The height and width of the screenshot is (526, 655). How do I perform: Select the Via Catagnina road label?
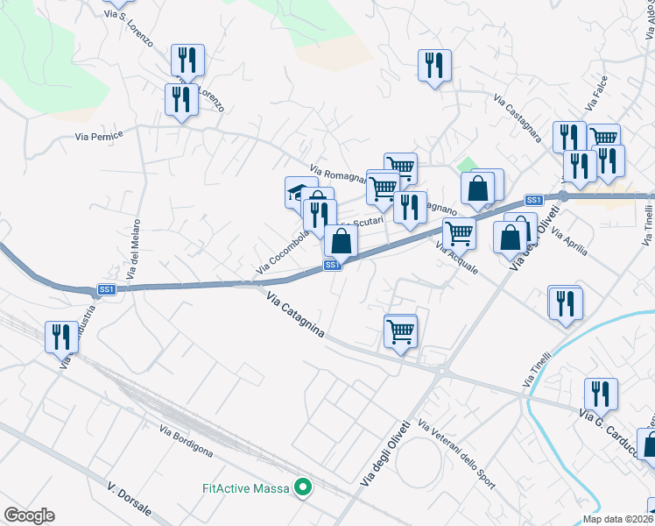(295, 315)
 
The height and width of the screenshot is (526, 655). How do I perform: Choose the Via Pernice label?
(99, 136)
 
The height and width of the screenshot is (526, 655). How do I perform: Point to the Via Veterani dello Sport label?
(456, 453)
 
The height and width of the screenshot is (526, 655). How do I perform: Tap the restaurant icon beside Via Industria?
(61, 337)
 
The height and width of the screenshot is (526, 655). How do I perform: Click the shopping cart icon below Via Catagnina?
(400, 331)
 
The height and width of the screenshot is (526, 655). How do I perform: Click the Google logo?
(29, 515)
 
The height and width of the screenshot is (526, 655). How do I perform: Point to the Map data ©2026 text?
(617, 519)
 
